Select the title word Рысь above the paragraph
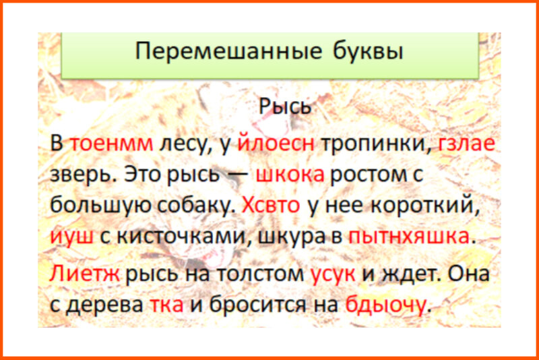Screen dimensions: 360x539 (285, 107)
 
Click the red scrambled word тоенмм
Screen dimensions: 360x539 (112, 144)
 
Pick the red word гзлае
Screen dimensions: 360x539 (467, 144)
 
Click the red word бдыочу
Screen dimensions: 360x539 (385, 305)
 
